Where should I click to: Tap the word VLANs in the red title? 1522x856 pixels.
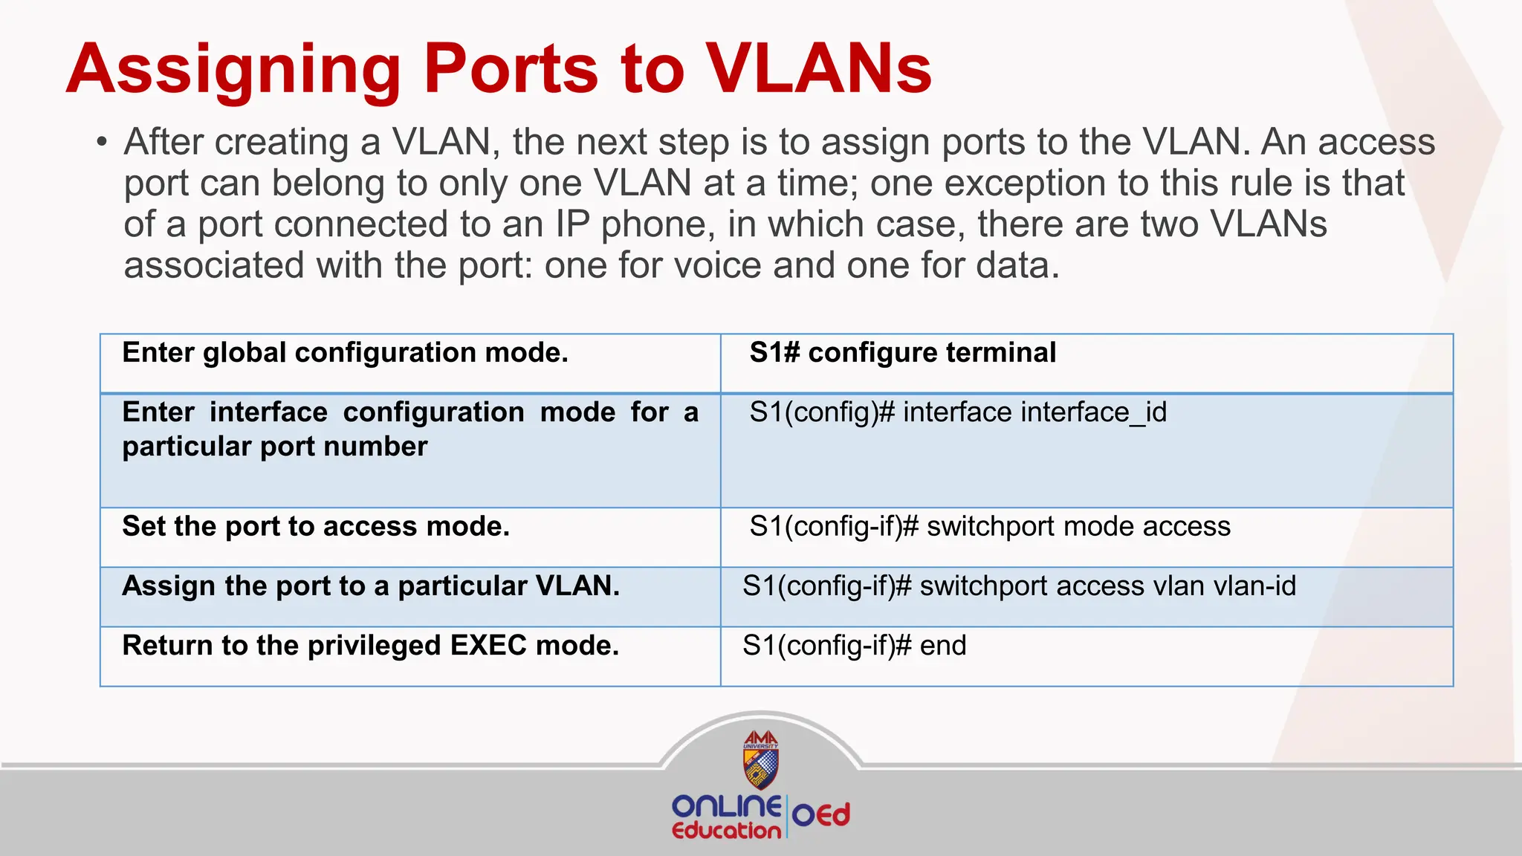click(x=818, y=69)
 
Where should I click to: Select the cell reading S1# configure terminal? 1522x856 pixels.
click(x=902, y=353)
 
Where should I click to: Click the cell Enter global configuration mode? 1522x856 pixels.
click(x=345, y=353)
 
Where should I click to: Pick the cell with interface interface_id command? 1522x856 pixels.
click(x=958, y=412)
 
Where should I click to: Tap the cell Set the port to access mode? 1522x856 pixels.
click(x=316, y=527)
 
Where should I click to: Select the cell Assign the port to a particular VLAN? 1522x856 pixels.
click(x=370, y=586)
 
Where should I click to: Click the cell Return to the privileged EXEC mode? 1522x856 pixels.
click(x=370, y=646)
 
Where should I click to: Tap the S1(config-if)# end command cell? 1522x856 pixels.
click(x=854, y=646)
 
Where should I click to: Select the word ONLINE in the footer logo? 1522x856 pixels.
click(x=726, y=806)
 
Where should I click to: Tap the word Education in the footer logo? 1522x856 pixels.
click(x=726, y=831)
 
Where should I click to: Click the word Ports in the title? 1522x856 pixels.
click(x=511, y=69)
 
